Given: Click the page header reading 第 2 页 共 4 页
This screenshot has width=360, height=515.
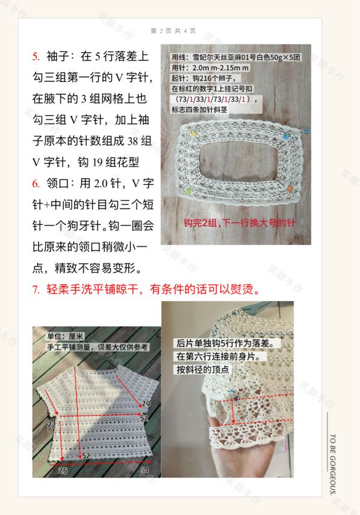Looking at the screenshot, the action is [173, 31].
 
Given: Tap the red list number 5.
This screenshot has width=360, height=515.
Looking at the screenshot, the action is [36, 57].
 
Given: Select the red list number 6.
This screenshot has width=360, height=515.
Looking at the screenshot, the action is [36, 183].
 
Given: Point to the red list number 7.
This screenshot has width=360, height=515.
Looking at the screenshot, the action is [36, 289].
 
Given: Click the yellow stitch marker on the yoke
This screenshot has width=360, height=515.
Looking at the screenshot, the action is [193, 134].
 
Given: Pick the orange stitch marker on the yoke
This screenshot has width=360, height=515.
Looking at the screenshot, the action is [290, 189].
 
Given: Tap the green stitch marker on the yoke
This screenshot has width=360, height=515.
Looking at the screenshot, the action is [188, 191].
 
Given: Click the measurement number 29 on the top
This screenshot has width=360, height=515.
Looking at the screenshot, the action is [146, 404].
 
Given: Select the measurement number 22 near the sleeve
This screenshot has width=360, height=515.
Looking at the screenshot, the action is [52, 425].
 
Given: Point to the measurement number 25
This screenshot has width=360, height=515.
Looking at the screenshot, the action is [63, 470].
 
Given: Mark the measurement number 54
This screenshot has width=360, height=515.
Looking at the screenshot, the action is [144, 470].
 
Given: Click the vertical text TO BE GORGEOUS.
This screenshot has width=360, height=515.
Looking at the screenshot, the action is [332, 464].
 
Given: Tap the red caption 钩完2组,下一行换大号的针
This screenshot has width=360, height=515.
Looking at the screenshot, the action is [240, 223].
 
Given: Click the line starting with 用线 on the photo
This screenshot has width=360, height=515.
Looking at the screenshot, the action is [235, 57].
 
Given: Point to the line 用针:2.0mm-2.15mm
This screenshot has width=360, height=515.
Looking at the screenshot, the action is [210, 67].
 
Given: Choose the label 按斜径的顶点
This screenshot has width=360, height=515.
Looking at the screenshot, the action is [202, 369].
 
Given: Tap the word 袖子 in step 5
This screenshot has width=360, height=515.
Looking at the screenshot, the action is [57, 57].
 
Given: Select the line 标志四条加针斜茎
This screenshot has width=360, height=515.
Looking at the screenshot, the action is [199, 110].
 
